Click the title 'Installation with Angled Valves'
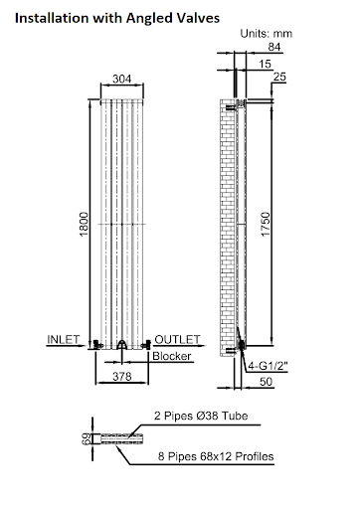[x=117, y=18]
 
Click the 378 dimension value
[x=121, y=377]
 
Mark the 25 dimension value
[x=277, y=78]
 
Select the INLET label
[x=64, y=339]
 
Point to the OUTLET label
[x=177, y=339]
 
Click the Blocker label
[x=165, y=356]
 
